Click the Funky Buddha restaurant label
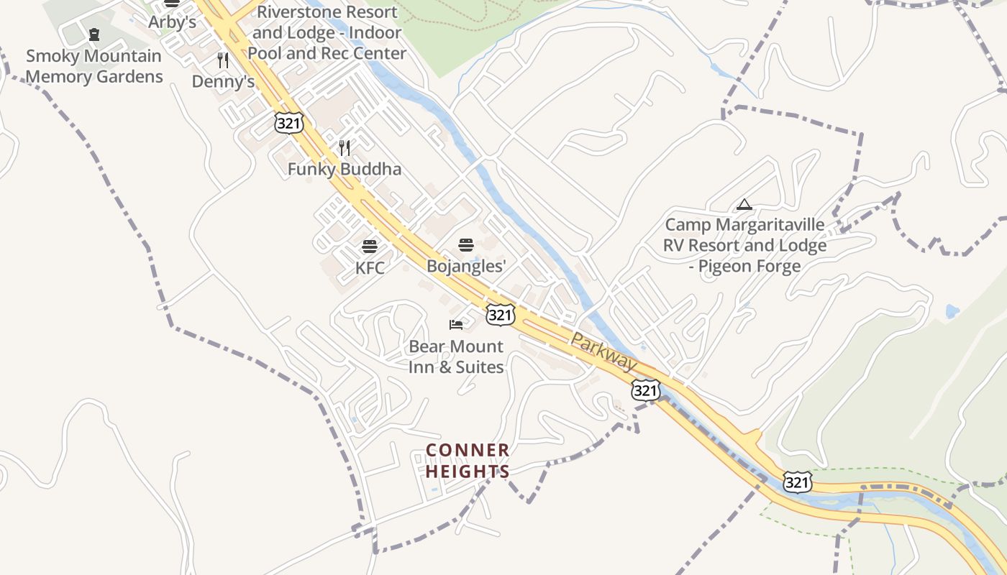pyautogui.click(x=345, y=170)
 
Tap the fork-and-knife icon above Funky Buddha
pyautogui.click(x=345, y=148)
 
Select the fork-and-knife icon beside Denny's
pyautogui.click(x=223, y=60)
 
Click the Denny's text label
pyautogui.click(x=223, y=82)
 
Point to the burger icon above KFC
pyautogui.click(x=370, y=247)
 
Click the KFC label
pyautogui.click(x=370, y=268)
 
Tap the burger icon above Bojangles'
pyautogui.click(x=466, y=245)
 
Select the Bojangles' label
pyautogui.click(x=466, y=266)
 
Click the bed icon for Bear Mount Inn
pyautogui.click(x=456, y=325)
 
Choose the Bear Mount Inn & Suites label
pyautogui.click(x=456, y=356)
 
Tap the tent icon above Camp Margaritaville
pyautogui.click(x=744, y=205)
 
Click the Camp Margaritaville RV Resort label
pyautogui.click(x=744, y=245)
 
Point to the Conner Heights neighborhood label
pyautogui.click(x=468, y=461)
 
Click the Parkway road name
pyautogui.click(x=604, y=352)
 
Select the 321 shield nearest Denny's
pyautogui.click(x=289, y=123)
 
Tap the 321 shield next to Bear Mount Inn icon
pyautogui.click(x=501, y=314)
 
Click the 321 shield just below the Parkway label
pyautogui.click(x=646, y=390)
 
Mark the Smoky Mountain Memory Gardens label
pyautogui.click(x=94, y=66)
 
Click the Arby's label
pyautogui.click(x=172, y=22)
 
